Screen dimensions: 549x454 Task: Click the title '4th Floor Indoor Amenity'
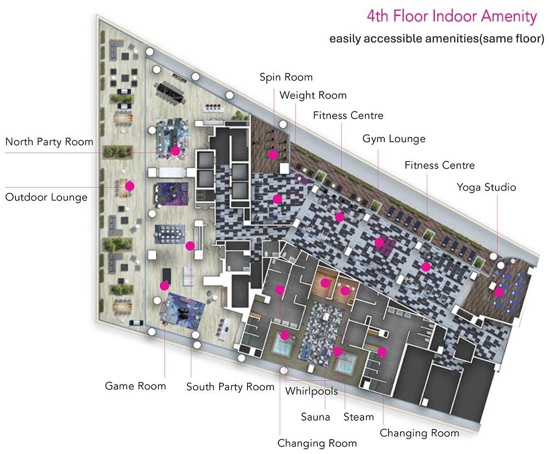(452, 16)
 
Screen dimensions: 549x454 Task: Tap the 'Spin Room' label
(286, 77)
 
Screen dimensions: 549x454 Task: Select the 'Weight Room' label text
(313, 95)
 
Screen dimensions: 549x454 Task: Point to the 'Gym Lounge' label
(394, 139)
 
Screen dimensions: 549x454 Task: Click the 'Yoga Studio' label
(486, 187)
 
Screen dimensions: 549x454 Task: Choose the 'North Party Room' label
(50, 142)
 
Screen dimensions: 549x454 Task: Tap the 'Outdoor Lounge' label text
(46, 197)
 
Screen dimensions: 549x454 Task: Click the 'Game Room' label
(135, 386)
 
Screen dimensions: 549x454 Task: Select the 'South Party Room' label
(230, 387)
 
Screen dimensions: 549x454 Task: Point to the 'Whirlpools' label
(312, 391)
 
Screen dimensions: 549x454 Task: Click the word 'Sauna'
(315, 417)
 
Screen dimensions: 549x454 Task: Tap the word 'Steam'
(358, 417)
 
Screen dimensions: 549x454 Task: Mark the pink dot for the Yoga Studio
(499, 292)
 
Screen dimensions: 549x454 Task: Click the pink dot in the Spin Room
(273, 154)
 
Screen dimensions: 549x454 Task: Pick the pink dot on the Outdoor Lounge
(130, 186)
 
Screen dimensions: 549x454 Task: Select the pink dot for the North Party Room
(175, 151)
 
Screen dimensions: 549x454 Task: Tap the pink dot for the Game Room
(164, 286)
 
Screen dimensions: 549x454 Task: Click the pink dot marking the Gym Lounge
(379, 242)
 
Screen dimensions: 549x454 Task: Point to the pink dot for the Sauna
(325, 283)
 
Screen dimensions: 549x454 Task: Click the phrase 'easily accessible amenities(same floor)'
(437, 39)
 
